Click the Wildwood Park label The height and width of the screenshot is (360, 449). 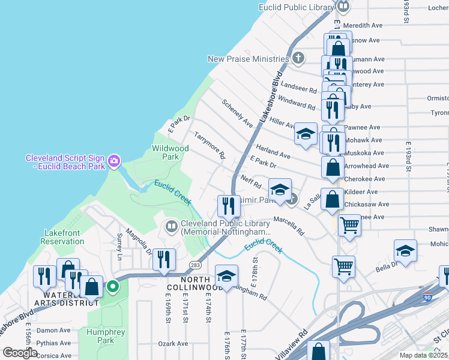[170, 152]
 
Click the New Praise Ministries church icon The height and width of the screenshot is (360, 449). [298, 59]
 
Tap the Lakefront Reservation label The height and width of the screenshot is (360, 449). [62, 237]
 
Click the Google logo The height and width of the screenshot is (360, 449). [20, 353]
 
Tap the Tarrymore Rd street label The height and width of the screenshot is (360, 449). [209, 146]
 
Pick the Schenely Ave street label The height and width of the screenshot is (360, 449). [237, 113]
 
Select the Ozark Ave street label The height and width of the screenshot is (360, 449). [173, 344]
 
